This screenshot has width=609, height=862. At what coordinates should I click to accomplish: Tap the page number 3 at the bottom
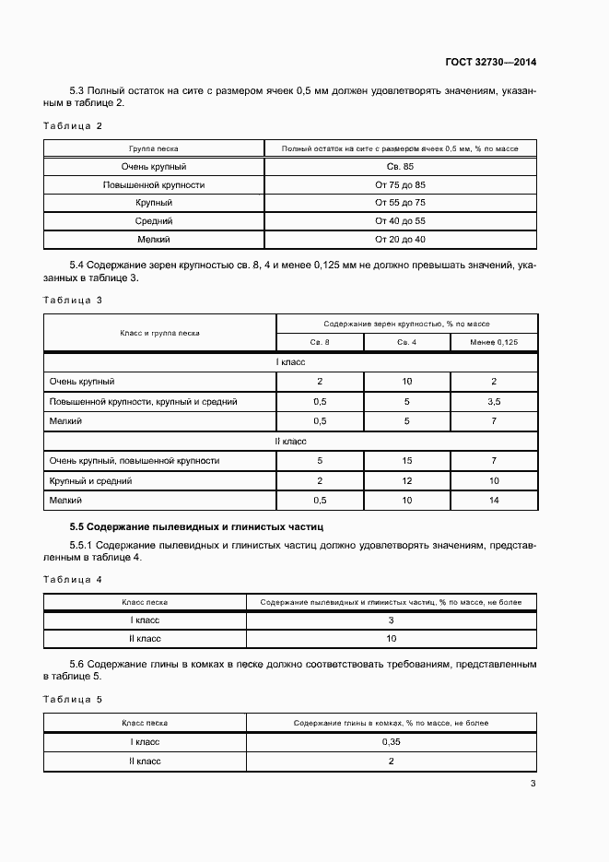(533, 784)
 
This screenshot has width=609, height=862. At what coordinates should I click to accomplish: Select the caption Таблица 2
(73, 125)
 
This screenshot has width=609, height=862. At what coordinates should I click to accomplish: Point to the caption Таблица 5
(73, 699)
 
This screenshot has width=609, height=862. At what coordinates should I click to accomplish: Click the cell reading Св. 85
(400, 167)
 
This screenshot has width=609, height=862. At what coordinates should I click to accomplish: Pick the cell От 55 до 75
(400, 203)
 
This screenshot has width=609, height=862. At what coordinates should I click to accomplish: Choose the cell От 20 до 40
(400, 240)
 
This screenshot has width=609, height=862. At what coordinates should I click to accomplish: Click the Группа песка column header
(154, 148)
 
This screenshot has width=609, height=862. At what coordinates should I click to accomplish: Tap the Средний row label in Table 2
(154, 221)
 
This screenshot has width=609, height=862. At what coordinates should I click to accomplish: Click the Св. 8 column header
(320, 343)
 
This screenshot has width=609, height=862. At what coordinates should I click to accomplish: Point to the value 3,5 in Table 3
(494, 402)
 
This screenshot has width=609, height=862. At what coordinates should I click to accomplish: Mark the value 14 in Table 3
(494, 500)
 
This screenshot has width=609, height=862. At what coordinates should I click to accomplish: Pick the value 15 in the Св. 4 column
(407, 460)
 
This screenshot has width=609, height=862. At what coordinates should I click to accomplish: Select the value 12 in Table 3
(407, 480)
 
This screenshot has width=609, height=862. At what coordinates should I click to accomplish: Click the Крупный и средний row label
(90, 480)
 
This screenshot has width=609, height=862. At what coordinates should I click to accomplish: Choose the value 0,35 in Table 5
(391, 742)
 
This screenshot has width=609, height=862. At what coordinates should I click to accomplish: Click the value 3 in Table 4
(391, 620)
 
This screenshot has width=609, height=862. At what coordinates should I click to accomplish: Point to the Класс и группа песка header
(159, 333)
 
